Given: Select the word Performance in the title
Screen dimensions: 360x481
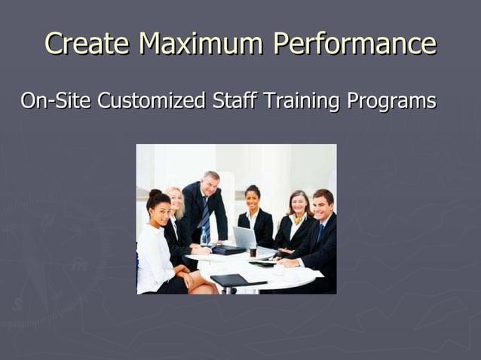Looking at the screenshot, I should pos(355,43).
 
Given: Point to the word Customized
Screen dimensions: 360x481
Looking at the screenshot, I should pos(151,100).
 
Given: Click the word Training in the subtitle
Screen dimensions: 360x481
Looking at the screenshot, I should pos(300,100).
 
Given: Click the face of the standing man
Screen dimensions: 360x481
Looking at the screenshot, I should pos(211,183).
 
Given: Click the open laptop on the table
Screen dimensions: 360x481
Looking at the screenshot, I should pos(244,238).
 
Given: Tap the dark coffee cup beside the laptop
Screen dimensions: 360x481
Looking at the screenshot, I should pos(253,251).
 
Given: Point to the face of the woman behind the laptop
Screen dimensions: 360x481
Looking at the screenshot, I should pos(253,199).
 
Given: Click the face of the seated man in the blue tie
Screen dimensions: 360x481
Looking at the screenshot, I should pos(323,206).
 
